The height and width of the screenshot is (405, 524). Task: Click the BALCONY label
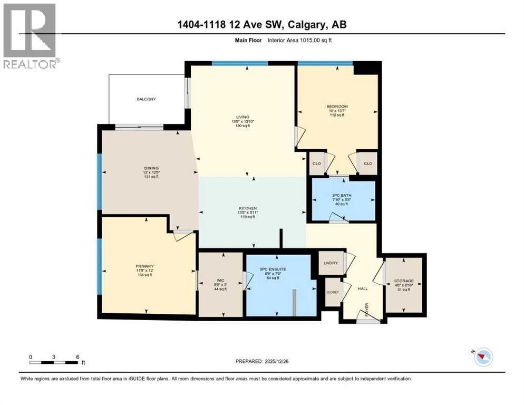coord(147,99)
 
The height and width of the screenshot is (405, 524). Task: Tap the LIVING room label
coord(242,117)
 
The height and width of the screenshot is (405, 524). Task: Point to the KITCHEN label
coord(248,208)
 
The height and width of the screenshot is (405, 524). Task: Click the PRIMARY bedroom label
coord(144,266)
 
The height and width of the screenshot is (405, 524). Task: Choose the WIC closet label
coord(221,281)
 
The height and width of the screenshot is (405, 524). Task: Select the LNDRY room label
coord(331,263)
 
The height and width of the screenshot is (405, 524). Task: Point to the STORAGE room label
coord(404,281)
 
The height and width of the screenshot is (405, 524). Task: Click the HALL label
coord(363,289)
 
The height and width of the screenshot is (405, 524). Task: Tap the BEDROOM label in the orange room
coord(337,107)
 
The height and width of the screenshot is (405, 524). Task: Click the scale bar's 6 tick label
coord(77,356)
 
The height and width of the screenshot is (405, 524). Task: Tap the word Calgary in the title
coord(307,25)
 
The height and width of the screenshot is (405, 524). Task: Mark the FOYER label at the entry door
coord(367,312)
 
